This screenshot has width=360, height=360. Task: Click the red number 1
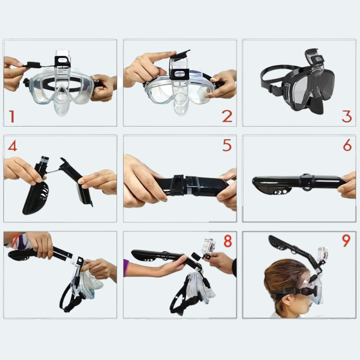12,117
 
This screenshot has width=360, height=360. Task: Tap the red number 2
227,116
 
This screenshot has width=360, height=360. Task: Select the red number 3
346,117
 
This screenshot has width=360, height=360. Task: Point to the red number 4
13,145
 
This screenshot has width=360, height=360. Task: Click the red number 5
227,145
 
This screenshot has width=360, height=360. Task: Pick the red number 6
347,145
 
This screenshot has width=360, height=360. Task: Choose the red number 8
228,241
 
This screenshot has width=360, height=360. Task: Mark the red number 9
346,240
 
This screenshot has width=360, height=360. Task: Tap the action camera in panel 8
208,246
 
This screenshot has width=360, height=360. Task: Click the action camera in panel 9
323,254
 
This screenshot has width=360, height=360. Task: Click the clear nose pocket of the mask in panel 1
61,104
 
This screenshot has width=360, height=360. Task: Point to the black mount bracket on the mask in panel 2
180,74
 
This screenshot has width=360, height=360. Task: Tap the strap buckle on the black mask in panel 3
275,90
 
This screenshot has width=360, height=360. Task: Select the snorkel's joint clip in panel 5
178,185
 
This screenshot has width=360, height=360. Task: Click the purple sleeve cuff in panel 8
126,268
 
